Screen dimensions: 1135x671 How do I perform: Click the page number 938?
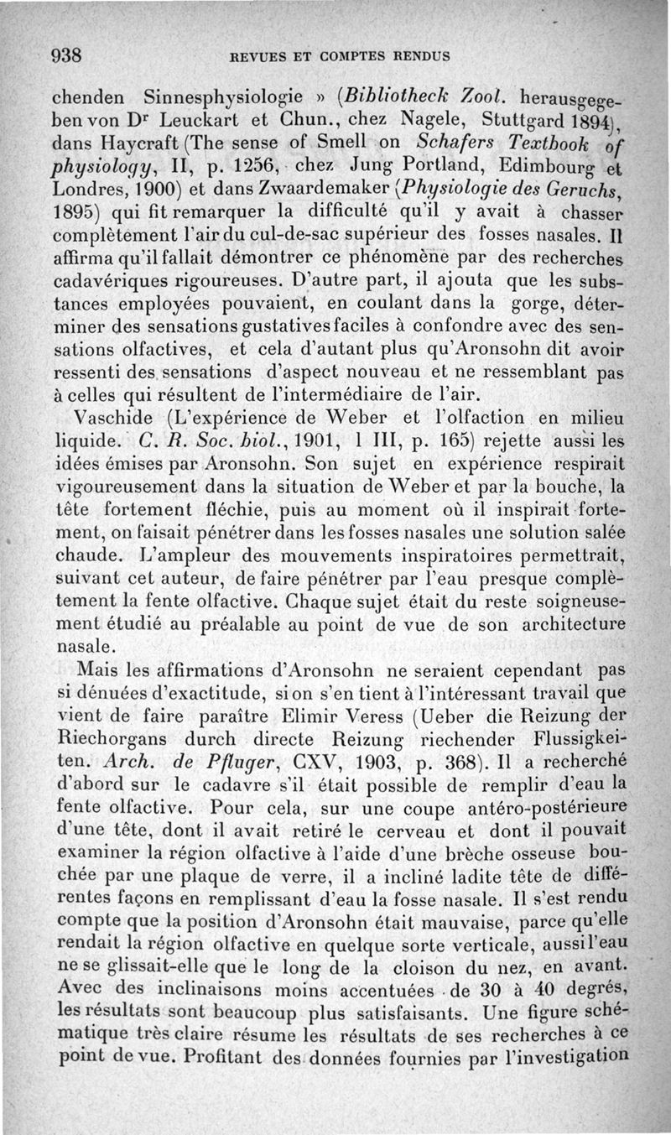point(65,56)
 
